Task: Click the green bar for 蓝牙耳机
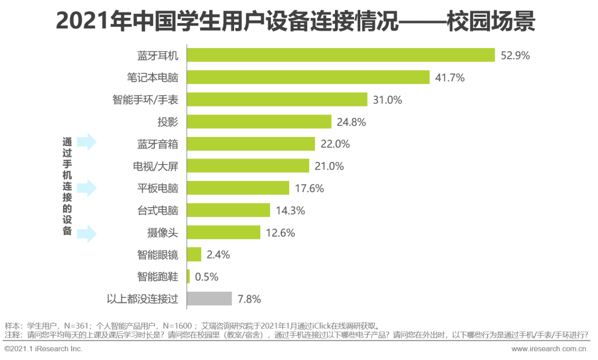341,55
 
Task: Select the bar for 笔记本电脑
308,77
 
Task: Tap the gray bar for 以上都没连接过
209,299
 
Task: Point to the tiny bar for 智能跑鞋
188,276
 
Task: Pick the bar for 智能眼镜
194,254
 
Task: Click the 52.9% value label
515,56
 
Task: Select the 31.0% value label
387,100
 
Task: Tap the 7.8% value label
249,299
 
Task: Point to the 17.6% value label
309,188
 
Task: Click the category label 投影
168,122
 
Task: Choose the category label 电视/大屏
156,166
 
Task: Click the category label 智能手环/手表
145,100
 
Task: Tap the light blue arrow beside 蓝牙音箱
86,142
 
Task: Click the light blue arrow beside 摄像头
86,233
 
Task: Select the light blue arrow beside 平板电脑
86,188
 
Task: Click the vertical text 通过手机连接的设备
68,186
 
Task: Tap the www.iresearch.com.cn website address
548,349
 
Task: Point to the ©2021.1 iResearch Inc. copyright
43,349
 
